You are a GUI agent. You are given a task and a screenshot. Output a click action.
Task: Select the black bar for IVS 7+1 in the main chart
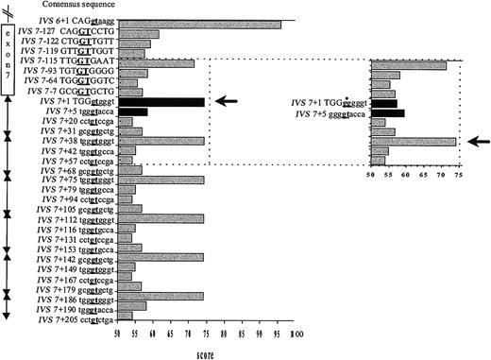[x=161, y=102]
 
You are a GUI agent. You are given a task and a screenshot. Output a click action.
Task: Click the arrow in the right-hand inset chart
[x=473, y=141]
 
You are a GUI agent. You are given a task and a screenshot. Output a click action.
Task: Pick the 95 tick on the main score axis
[x=279, y=334]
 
